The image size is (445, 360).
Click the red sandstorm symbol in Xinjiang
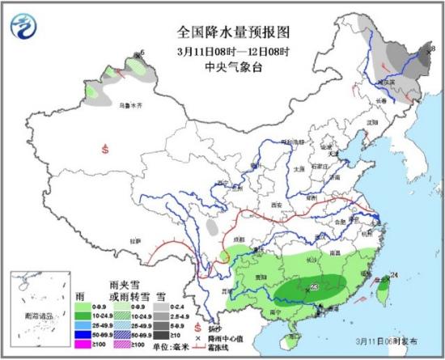point(105,148)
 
